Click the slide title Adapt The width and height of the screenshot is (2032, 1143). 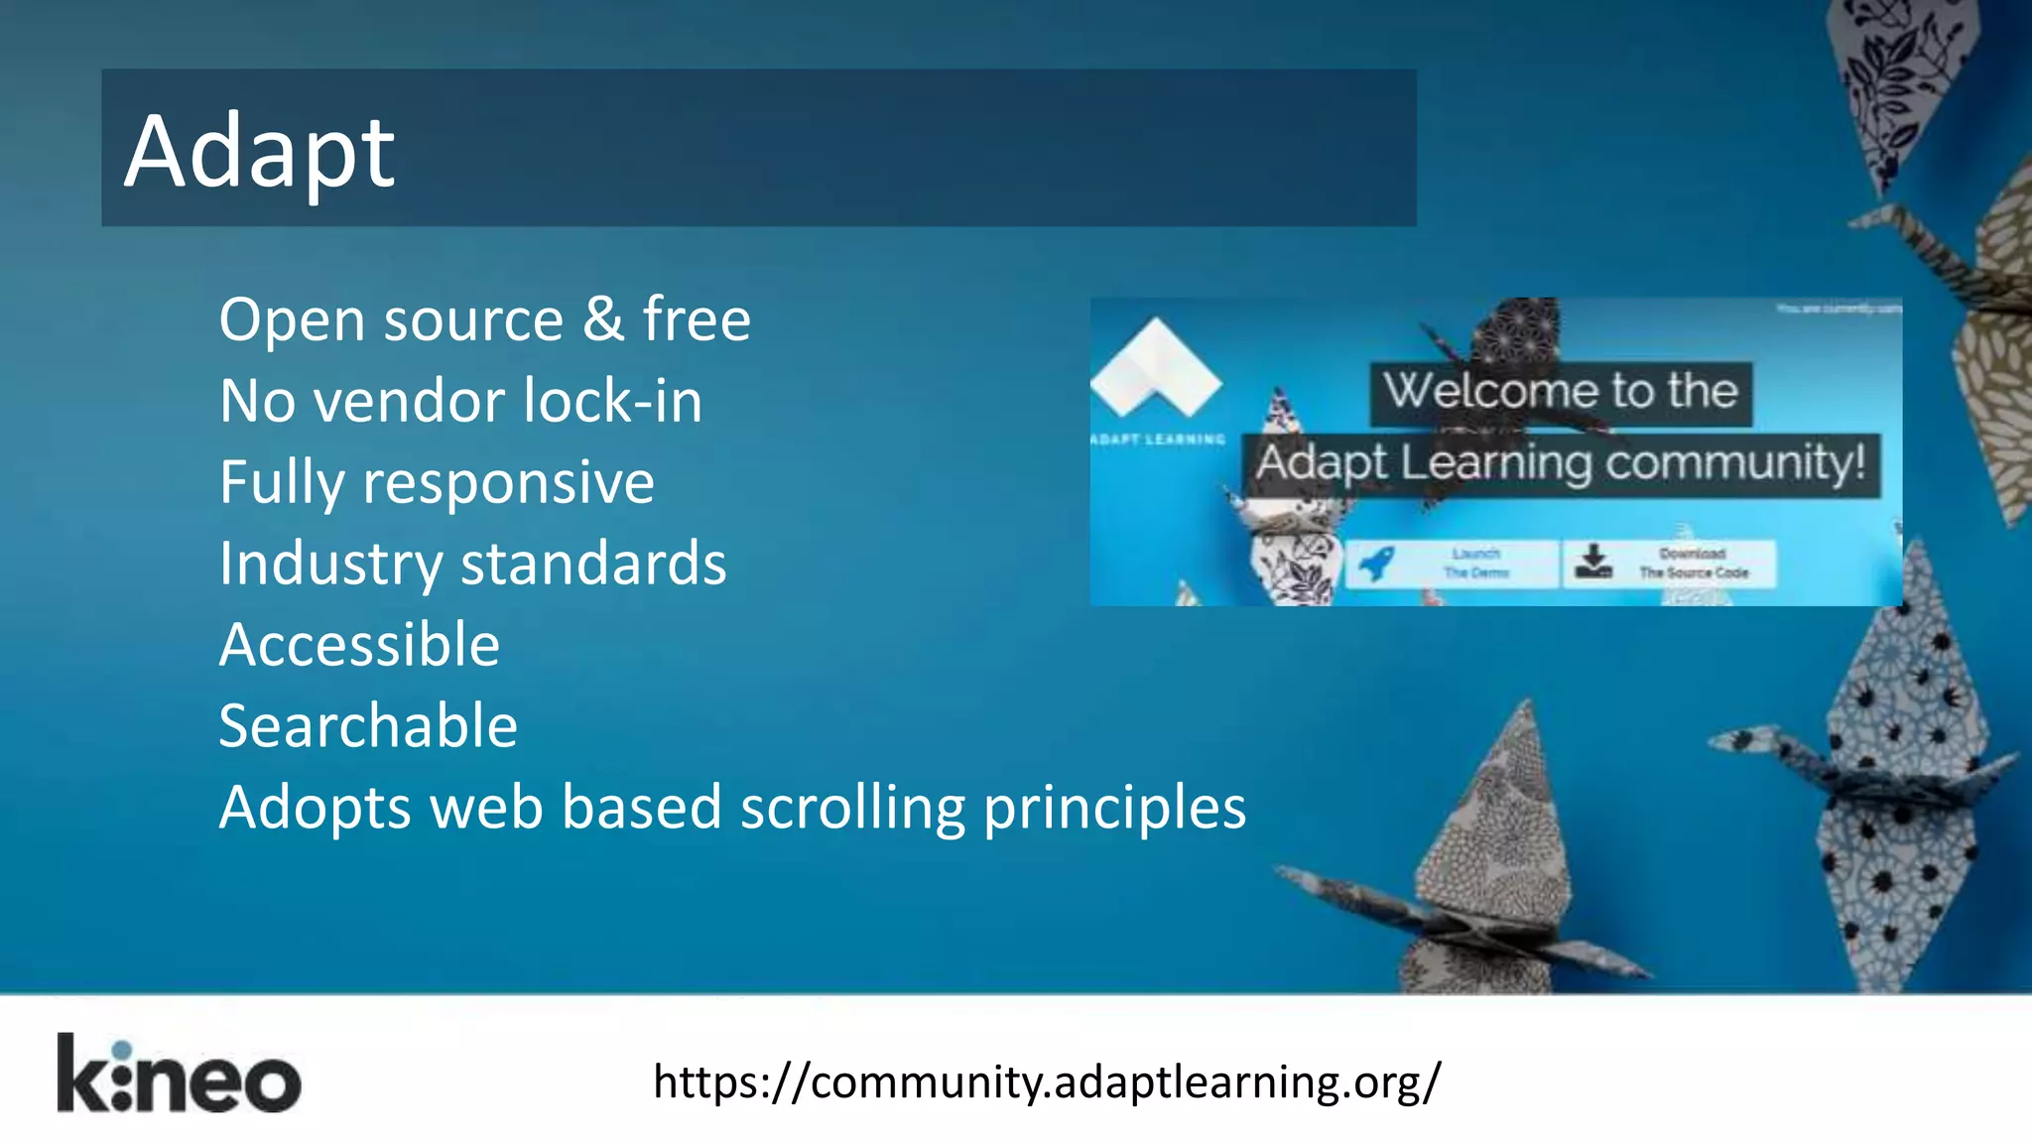[x=260, y=151]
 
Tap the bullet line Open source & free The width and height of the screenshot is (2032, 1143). [x=484, y=319]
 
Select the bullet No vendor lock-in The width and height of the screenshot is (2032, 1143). [x=460, y=401]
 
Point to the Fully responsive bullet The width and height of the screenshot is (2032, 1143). [x=437, y=482]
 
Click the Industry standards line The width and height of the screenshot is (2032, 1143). [x=472, y=564]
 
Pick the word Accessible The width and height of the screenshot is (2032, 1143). [x=359, y=645]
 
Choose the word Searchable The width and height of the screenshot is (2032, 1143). [x=368, y=726]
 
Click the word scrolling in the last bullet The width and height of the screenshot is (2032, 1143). [x=852, y=808]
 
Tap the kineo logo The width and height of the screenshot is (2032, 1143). [x=179, y=1075]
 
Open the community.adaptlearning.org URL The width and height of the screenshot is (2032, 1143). [x=1047, y=1081]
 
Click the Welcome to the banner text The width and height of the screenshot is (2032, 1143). [x=1561, y=391]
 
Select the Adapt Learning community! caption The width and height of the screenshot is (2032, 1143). [x=1561, y=463]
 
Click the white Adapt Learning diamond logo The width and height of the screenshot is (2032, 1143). [x=1156, y=367]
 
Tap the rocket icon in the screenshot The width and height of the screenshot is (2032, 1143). [x=1377, y=564]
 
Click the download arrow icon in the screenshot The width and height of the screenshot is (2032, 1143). [x=1593, y=562]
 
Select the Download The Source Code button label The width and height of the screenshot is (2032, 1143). [x=1693, y=564]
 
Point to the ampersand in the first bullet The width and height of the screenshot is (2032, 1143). [x=602, y=319]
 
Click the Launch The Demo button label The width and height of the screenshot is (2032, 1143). [x=1476, y=564]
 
